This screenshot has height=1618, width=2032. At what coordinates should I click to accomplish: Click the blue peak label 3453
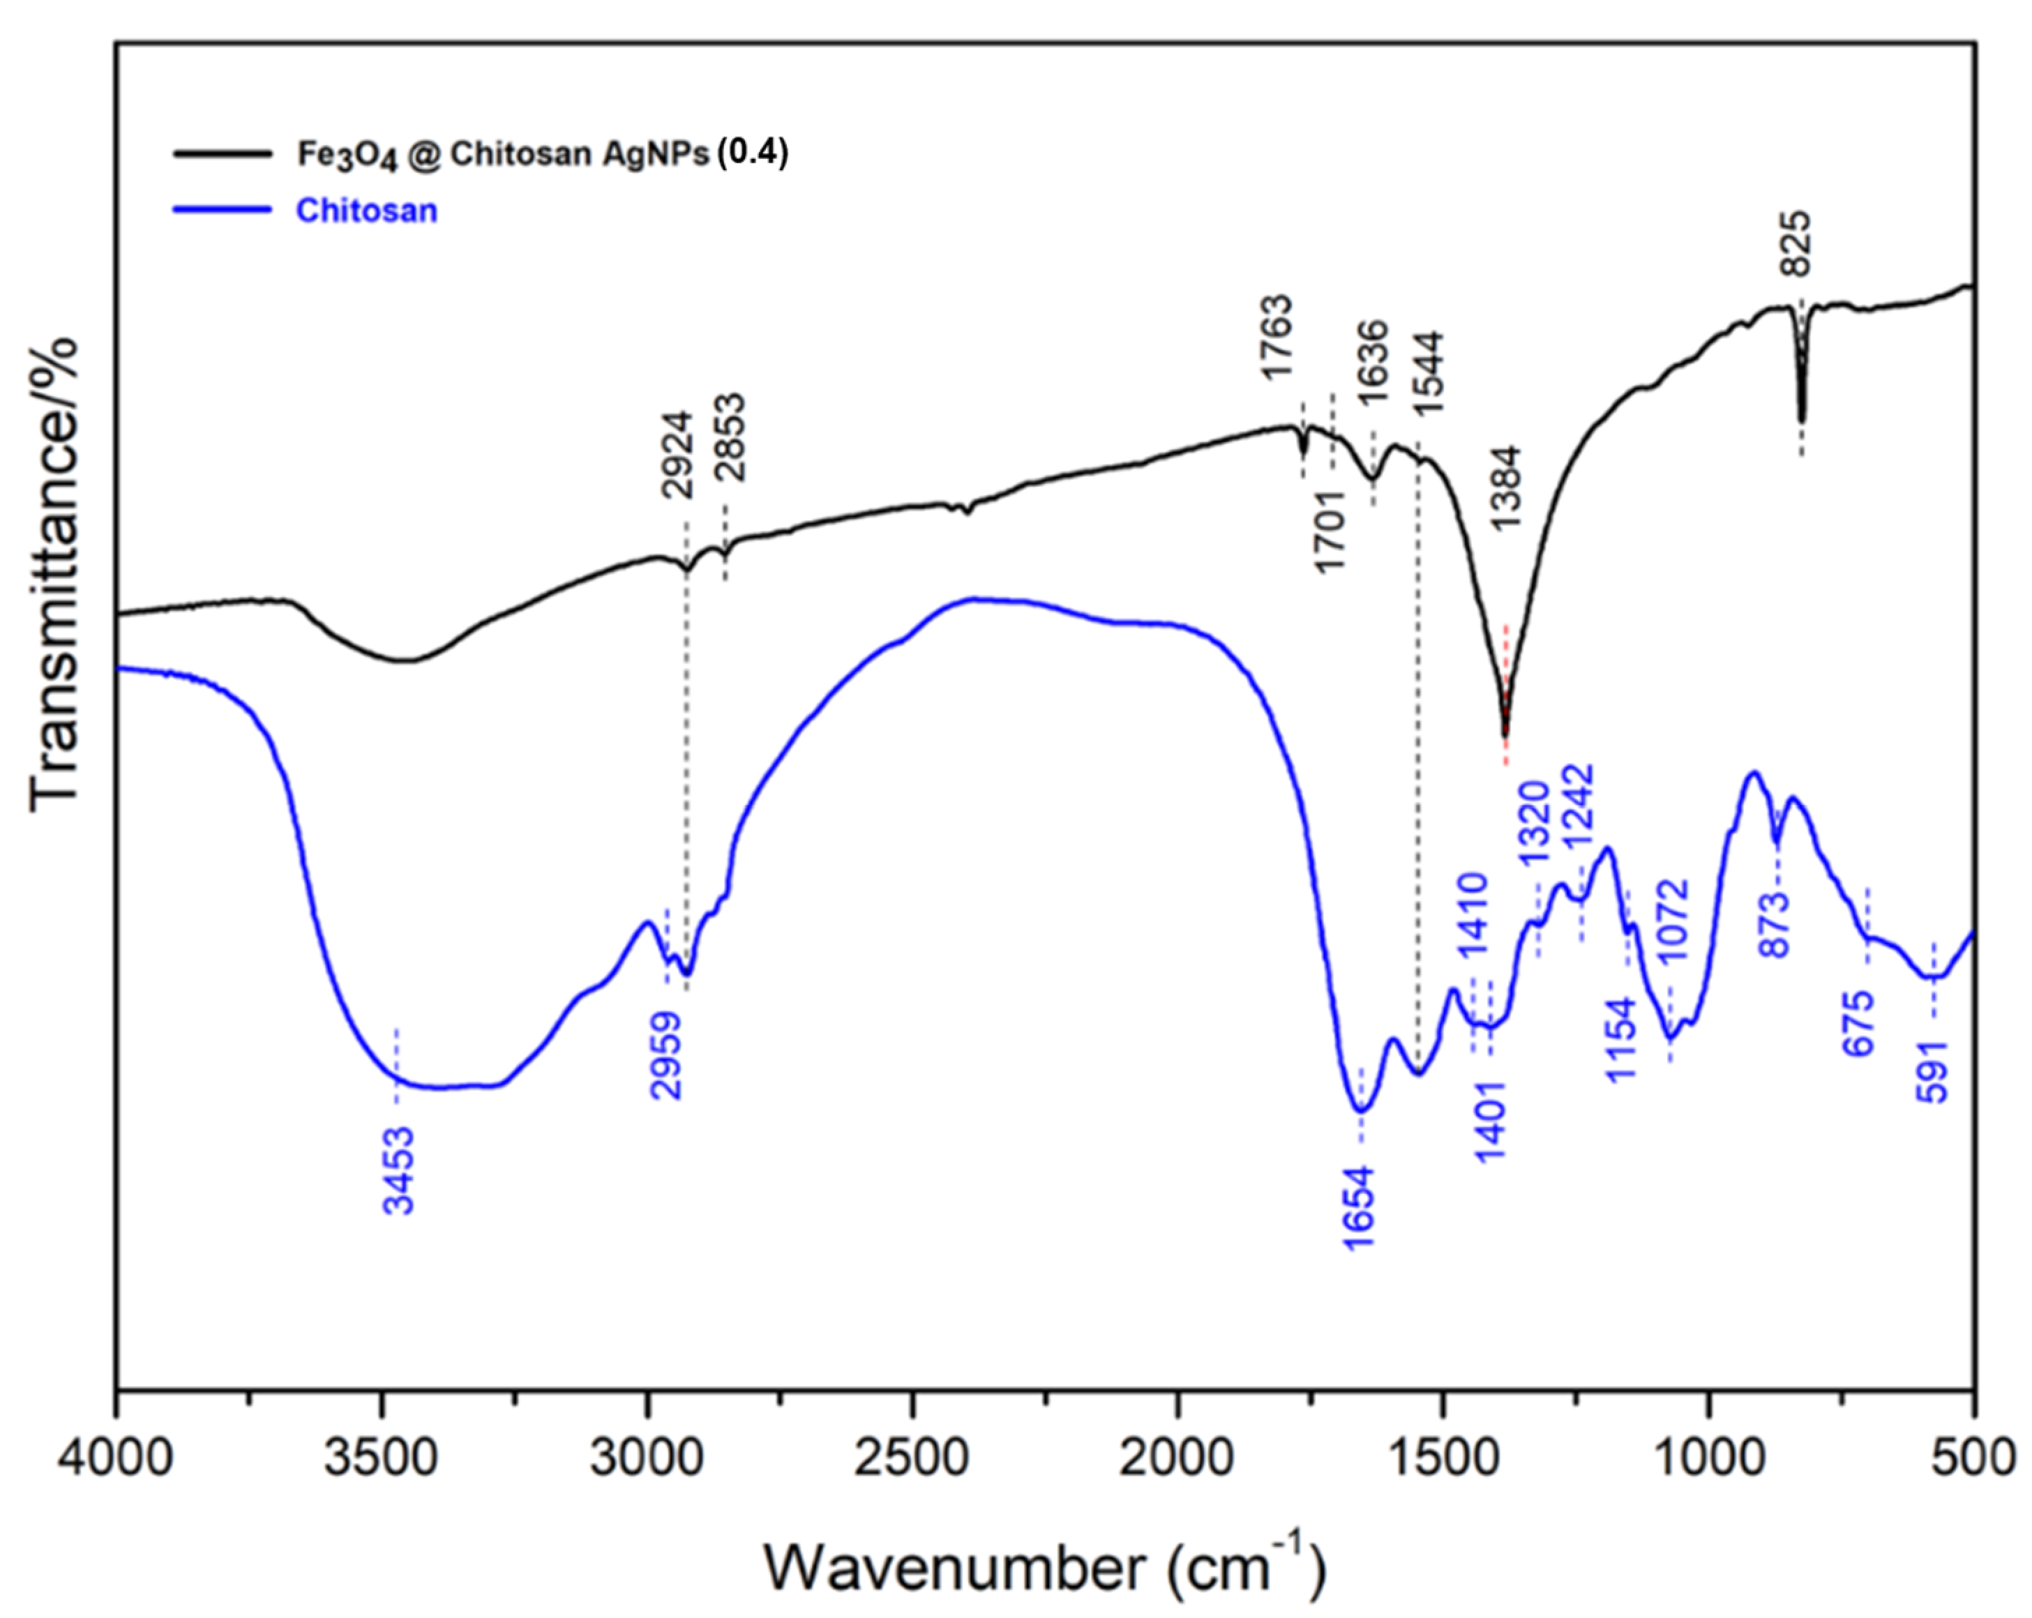(x=399, y=1172)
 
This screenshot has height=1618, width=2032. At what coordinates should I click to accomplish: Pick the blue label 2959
(x=666, y=1055)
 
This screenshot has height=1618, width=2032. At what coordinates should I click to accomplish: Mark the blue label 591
(x=1931, y=1071)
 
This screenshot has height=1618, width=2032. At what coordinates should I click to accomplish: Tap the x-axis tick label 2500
(x=912, y=1458)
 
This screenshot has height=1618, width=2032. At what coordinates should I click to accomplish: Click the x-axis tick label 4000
(x=116, y=1458)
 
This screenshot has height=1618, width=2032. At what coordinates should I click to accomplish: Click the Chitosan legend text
(x=367, y=210)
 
